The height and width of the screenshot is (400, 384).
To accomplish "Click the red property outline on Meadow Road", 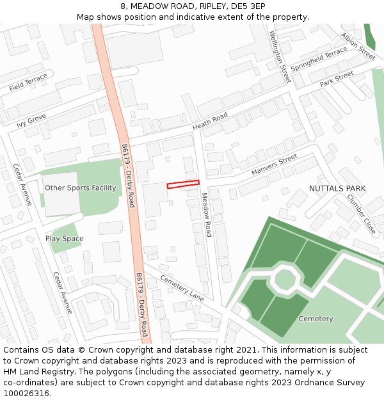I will coord(183,185).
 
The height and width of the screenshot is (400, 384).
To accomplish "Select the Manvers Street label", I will coord(274,164).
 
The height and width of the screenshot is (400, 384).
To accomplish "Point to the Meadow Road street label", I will coord(207,215).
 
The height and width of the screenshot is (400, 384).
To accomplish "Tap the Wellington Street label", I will coord(280,57).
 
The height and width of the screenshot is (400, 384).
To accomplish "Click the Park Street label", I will coord(337,79).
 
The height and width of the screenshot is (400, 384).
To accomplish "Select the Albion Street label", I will coord(358,46).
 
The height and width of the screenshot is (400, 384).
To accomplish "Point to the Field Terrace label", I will coord(28,82).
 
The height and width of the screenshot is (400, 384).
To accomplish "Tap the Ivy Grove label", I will coord(31,120).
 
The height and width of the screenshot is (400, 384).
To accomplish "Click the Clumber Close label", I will coord(362,213).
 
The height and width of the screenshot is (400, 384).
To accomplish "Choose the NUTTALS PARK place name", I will coord(337,189).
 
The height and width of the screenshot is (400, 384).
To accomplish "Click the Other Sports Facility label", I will coord(81,188).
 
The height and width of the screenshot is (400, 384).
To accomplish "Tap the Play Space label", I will coord(64,239).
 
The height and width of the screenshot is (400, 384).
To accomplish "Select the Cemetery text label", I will coord(316,319).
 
